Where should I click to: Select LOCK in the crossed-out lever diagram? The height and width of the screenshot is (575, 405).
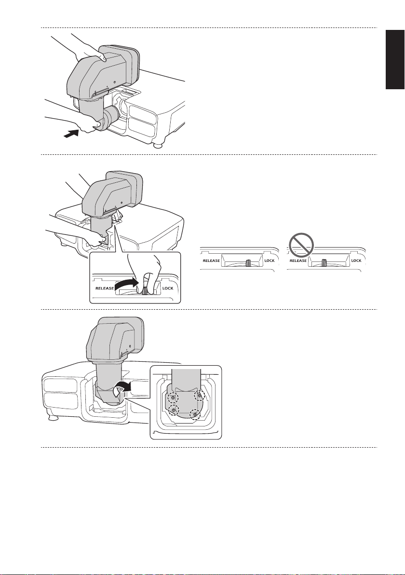point(356,260)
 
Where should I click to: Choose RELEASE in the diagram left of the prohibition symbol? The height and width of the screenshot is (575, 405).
point(212,260)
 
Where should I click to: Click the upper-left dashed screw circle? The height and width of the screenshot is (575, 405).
point(172,399)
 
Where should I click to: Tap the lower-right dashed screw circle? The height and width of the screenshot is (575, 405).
point(195,414)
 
